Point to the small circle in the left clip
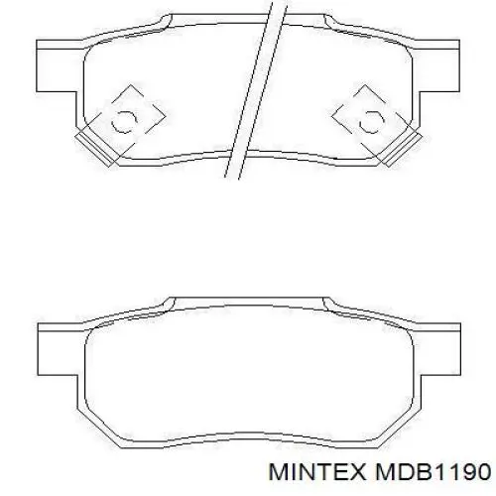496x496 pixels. (x=126, y=121)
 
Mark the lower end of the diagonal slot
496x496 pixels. (x=231, y=174)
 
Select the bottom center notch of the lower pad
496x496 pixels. (x=248, y=433)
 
